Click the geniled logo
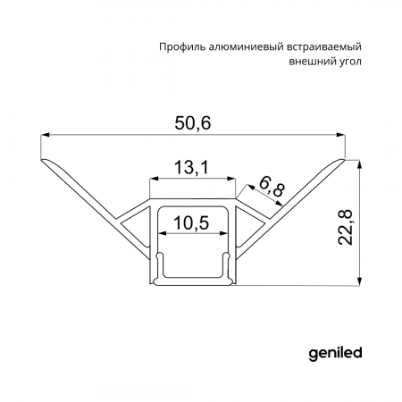[x=334, y=352]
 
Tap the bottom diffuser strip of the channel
[x=192, y=283]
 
